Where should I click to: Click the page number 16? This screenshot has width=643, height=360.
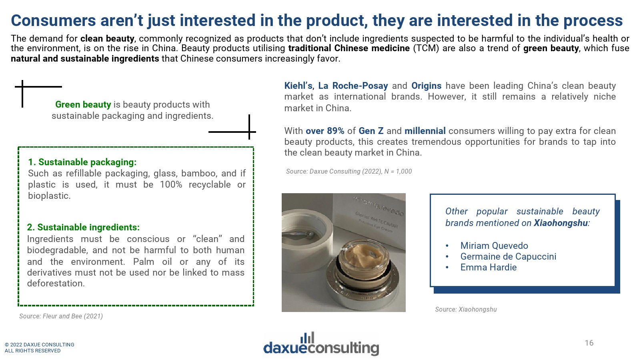[589, 343]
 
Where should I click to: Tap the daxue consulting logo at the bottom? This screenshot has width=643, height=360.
[321, 344]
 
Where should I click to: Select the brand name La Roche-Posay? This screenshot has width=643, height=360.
[353, 86]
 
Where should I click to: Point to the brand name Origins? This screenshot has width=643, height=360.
[426, 86]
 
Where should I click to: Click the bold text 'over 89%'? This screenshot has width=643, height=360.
[325, 131]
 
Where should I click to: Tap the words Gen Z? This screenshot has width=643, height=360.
[371, 131]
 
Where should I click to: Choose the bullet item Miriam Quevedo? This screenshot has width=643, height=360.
[494, 246]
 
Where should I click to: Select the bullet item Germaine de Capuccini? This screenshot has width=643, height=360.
[508, 256]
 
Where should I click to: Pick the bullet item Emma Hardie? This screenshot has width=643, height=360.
[488, 267]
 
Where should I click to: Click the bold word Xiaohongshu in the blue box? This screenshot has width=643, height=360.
[560, 223]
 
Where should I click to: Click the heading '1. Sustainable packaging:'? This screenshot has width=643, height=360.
[82, 162]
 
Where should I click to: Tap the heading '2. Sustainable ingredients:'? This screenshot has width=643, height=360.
[83, 227]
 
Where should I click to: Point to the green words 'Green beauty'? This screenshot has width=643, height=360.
[83, 105]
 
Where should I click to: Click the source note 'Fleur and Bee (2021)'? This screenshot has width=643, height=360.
[61, 316]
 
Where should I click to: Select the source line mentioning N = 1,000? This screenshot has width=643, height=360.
[349, 172]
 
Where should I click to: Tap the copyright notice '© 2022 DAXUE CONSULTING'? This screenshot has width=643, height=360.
[39, 344]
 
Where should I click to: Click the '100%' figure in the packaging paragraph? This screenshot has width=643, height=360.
[171, 184]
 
